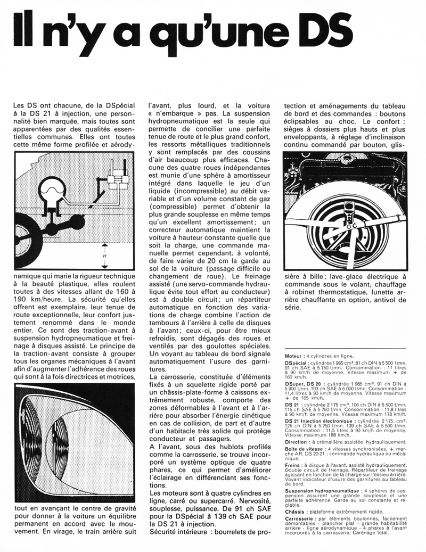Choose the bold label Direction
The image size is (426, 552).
(296, 441)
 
